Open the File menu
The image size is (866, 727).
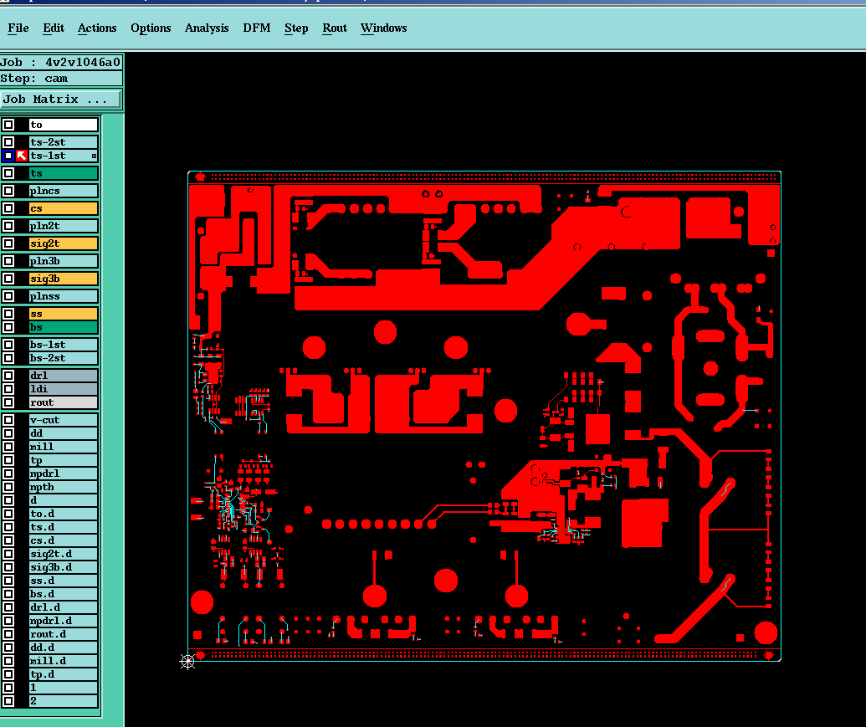[18, 28]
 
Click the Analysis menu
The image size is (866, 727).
[207, 28]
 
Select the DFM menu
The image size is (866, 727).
[257, 28]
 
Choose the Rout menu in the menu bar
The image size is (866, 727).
[335, 28]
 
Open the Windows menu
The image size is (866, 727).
[384, 28]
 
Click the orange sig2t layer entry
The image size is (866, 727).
[64, 243]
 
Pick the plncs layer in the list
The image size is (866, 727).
[64, 191]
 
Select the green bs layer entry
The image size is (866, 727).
[64, 327]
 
